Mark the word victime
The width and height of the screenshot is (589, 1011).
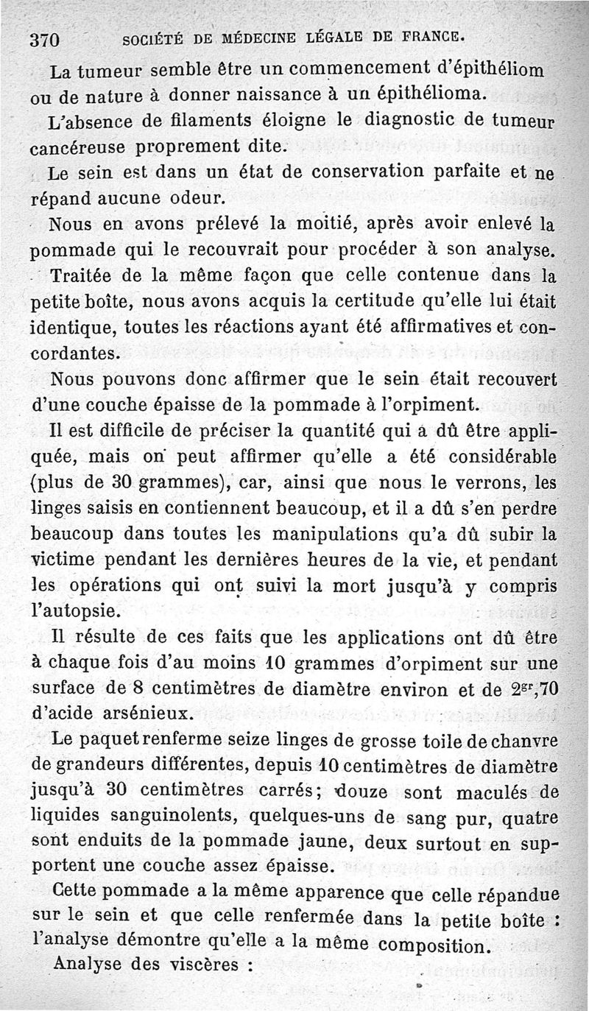tap(63, 560)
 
